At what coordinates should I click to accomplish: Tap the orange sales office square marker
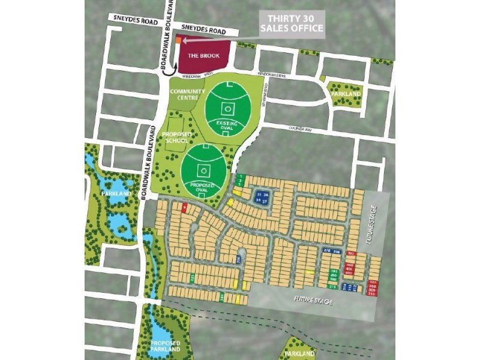coord(178,40)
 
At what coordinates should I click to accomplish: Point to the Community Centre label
coord(184,94)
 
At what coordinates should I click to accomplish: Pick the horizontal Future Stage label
coord(313,299)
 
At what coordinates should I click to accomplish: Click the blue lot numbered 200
coord(238,259)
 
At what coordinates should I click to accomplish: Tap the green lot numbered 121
coord(192,278)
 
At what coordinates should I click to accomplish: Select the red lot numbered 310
coord(373,294)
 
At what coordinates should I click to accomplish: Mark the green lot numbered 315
coord(332,287)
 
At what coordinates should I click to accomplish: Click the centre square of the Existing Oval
coord(227,109)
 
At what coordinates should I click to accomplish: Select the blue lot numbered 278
coord(327,251)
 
